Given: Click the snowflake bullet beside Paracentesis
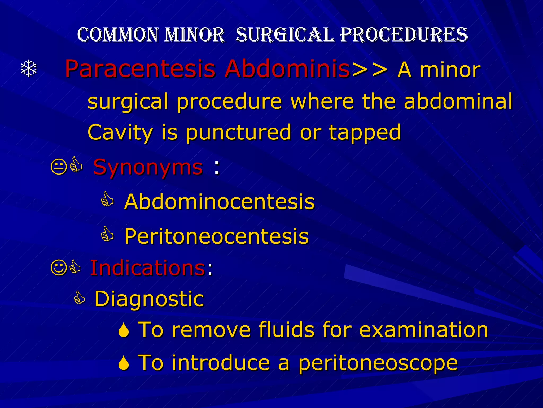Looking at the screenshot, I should pyautogui.click(x=29, y=69).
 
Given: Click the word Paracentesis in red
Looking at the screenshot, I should pyautogui.click(x=140, y=69).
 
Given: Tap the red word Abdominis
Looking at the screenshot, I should pyautogui.click(x=287, y=69).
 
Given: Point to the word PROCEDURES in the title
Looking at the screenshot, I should pyautogui.click(x=404, y=35).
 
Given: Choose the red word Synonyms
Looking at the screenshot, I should pyautogui.click(x=148, y=168).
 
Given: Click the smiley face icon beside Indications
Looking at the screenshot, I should pyautogui.click(x=59, y=268).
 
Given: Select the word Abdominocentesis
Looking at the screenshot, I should pyautogui.click(x=220, y=202).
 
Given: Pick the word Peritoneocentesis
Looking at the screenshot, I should pyautogui.click(x=217, y=236).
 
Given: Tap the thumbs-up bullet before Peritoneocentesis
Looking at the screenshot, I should pyautogui.click(x=107, y=234).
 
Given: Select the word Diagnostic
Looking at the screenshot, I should pyautogui.click(x=149, y=299).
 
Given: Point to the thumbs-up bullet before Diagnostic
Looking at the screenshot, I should pyautogui.click(x=79, y=297).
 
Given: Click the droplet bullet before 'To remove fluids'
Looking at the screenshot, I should pyautogui.click(x=124, y=330).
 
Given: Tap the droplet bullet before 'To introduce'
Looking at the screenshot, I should pyautogui.click(x=124, y=363).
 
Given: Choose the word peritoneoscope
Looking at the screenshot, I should pyautogui.click(x=378, y=363).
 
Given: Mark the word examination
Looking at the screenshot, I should pyautogui.click(x=423, y=330).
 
